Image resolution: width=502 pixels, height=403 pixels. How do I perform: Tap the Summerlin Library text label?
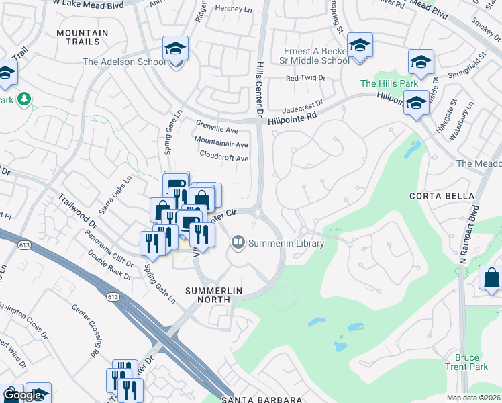tap(287, 243)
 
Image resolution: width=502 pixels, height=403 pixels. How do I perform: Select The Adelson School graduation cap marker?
tap(175, 49)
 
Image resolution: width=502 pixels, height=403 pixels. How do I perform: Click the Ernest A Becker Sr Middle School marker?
tap(360, 46)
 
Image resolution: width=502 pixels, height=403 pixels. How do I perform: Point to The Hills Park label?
tap(389, 83)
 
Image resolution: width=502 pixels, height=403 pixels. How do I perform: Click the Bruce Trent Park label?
tap(466, 363)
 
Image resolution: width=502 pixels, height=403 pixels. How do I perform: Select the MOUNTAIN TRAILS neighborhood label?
tap(83, 38)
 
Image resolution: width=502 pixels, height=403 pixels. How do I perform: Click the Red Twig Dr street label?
tap(305, 78)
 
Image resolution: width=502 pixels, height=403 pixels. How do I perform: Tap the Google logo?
tap(22, 395)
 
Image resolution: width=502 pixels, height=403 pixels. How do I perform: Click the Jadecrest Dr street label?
tap(303, 105)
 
